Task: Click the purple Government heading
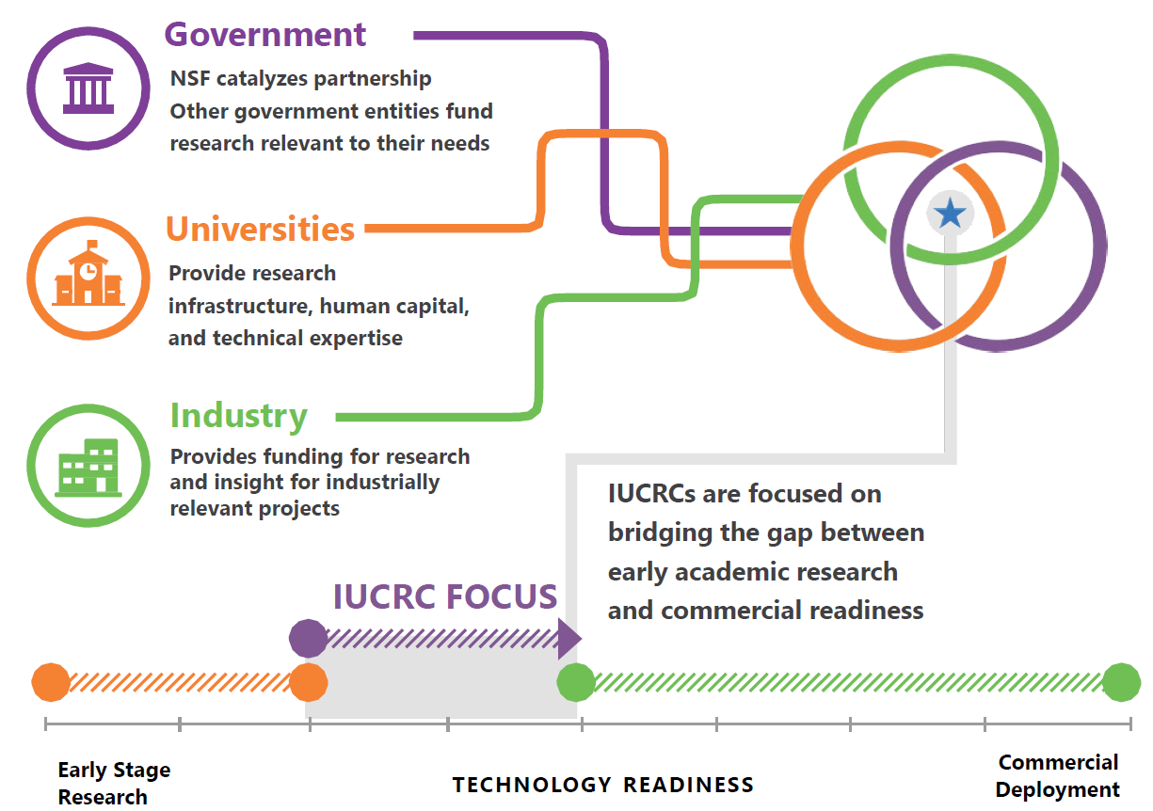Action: pyautogui.click(x=265, y=35)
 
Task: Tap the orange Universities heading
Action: pyautogui.click(x=261, y=229)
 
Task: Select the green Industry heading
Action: pyautogui.click(x=239, y=415)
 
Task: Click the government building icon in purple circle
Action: pyautogui.click(x=88, y=88)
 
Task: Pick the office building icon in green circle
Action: pyautogui.click(x=88, y=467)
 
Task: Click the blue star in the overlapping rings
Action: pyautogui.click(x=951, y=215)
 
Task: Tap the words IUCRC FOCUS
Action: pyautogui.click(x=445, y=596)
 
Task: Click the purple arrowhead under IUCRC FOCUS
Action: pyautogui.click(x=568, y=639)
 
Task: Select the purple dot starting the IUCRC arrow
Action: pyautogui.click(x=308, y=639)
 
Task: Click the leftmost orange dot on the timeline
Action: pyautogui.click(x=51, y=683)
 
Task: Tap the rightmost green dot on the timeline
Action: pyautogui.click(x=1121, y=683)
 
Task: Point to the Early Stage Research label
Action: pyautogui.click(x=114, y=783)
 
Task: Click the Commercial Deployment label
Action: pyautogui.click(x=1058, y=775)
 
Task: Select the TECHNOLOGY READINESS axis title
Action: pyautogui.click(x=603, y=785)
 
